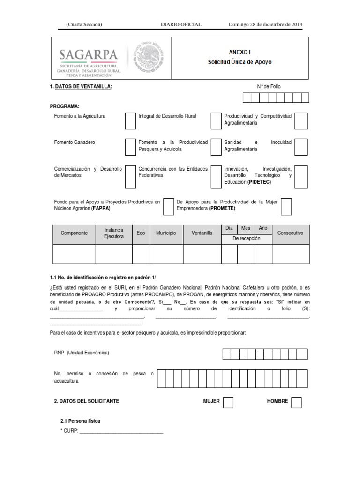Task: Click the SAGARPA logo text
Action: tap(88, 55)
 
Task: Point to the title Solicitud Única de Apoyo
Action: tap(240, 62)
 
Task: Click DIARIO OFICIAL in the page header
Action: tap(181, 24)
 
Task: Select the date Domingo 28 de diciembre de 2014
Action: tap(265, 24)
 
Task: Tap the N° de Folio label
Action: tap(269, 86)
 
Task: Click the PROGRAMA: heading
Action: tap(65, 106)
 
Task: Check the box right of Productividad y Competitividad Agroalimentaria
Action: tap(301, 120)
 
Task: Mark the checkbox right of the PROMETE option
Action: tap(286, 206)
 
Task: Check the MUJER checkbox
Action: tap(228, 402)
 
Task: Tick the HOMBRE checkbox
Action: tap(296, 402)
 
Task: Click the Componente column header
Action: tap(74, 233)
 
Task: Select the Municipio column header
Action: tap(166, 233)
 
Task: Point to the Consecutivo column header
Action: tap(290, 233)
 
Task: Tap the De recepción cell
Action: tap(246, 239)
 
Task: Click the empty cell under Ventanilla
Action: tap(202, 255)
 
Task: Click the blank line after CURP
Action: tap(121, 432)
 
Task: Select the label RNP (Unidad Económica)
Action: tap(82, 353)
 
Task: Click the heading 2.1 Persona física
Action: tap(80, 421)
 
